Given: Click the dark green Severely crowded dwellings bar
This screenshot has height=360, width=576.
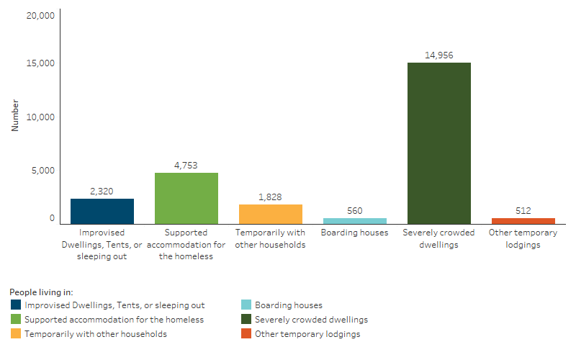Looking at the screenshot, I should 438,143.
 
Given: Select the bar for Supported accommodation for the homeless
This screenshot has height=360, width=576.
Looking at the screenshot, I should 186,198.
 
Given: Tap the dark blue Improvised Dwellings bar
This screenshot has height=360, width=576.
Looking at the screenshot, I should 102,211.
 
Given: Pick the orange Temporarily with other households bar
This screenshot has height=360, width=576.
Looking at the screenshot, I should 270,214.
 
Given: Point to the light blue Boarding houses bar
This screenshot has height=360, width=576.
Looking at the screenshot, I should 354,221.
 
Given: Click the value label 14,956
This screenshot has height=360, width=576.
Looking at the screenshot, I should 438,55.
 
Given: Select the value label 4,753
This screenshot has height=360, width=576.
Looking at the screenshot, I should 186,165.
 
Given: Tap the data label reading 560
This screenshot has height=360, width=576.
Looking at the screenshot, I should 354,210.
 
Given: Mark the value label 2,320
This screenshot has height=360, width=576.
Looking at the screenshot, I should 102,191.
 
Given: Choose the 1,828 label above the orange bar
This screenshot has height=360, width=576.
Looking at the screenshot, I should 270,197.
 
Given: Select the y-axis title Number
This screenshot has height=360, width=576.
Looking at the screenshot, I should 15,115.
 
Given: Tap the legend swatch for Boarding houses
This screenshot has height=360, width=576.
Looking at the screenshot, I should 246,305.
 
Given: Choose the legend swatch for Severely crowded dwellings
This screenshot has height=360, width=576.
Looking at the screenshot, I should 246,320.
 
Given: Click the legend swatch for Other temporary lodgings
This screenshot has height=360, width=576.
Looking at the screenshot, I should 246,334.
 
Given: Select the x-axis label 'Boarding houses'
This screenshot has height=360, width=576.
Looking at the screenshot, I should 354,233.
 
